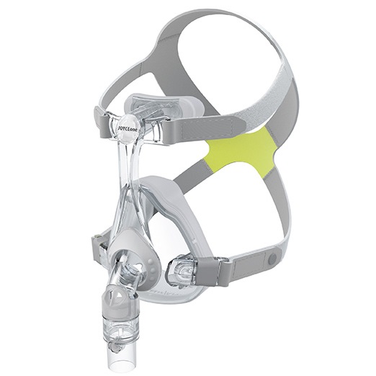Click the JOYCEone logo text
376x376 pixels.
pyautogui.click(x=130, y=125)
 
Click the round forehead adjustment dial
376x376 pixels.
pyautogui.click(x=130, y=125)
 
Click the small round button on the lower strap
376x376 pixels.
pyautogui.click(x=273, y=257)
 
